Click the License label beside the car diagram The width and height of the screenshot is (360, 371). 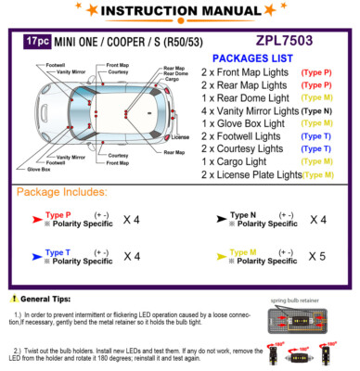tap(179, 137)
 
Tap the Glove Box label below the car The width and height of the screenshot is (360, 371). tap(39, 169)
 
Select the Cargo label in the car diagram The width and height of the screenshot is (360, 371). tap(171, 80)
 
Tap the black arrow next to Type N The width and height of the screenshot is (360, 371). tap(220, 220)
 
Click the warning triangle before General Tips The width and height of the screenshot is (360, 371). tap(12, 300)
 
